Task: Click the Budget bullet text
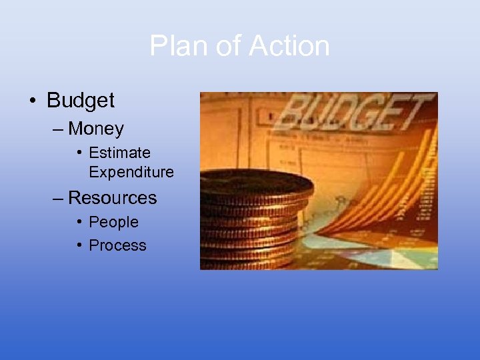[81, 101]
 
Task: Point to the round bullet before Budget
[33, 101]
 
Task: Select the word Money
[96, 128]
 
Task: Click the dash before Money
[59, 128]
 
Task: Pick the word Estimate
[119, 153]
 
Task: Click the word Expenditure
[131, 172]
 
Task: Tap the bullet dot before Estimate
[79, 153]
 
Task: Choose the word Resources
[113, 198]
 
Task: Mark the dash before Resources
[59, 198]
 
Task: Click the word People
[113, 222]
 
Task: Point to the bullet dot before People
[79, 222]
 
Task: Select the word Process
[117, 245]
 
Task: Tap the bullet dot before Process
[79, 245]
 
